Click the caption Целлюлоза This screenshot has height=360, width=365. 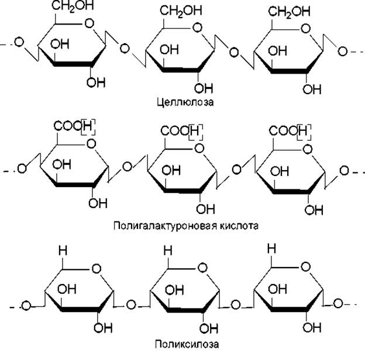(x=185, y=102)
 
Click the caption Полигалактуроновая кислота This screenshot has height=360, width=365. (x=186, y=226)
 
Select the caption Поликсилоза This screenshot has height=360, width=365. (x=187, y=344)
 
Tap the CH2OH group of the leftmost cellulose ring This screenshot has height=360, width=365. (x=73, y=6)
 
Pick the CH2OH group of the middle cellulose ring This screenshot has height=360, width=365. (x=181, y=11)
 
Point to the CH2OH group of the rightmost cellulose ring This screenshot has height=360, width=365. (x=289, y=12)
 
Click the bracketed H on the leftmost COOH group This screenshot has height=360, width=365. (x=88, y=127)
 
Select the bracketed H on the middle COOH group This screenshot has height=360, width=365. (x=195, y=132)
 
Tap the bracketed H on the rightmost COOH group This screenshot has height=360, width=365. (x=304, y=132)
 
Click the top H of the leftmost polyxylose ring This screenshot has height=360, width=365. (x=63, y=251)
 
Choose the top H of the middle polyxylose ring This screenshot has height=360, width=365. (x=168, y=251)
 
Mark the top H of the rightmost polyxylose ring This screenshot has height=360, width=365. (x=271, y=248)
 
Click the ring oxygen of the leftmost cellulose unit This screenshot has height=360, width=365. (x=89, y=23)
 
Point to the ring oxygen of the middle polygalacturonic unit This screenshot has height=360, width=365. (x=199, y=148)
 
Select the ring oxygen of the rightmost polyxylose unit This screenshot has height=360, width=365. (x=306, y=266)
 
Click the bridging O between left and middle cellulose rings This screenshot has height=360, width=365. (x=125, y=49)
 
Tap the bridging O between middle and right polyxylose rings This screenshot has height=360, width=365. (x=235, y=304)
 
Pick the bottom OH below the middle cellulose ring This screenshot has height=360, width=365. (x=204, y=88)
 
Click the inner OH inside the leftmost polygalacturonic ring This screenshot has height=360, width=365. (x=61, y=165)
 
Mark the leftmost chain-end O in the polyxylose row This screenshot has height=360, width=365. (x=26, y=306)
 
